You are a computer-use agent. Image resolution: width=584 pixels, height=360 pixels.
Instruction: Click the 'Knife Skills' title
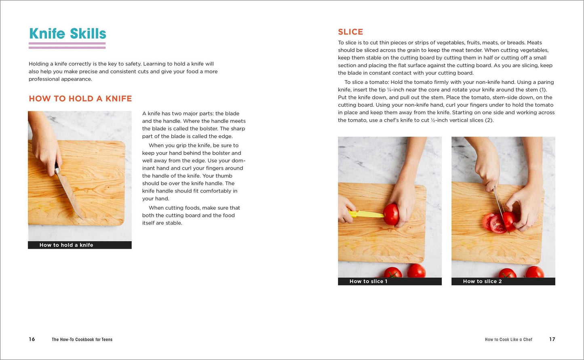(67, 34)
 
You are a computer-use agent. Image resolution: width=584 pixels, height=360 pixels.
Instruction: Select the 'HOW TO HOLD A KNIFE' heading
(80, 99)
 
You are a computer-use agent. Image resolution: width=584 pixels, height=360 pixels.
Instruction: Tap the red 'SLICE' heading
(350, 32)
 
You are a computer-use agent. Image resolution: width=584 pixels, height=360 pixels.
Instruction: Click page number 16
(32, 339)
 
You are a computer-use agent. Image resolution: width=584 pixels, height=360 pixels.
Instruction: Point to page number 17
(552, 339)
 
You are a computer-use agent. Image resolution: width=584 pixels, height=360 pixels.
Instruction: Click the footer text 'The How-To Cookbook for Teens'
(82, 339)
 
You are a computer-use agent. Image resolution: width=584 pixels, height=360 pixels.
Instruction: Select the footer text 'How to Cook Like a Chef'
(508, 339)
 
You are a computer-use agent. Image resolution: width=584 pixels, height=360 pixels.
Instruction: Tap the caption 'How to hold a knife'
(66, 245)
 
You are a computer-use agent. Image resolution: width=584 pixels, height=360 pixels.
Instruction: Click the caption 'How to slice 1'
(369, 281)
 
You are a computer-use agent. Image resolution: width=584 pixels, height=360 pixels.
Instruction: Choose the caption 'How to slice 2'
(482, 281)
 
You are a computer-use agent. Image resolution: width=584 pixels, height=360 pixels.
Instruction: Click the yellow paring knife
(366, 214)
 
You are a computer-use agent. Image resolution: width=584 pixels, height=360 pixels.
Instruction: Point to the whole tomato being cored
(391, 214)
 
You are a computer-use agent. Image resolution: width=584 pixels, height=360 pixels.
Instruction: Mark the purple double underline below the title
(67, 46)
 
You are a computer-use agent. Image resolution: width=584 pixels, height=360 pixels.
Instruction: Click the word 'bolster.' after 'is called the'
(222, 128)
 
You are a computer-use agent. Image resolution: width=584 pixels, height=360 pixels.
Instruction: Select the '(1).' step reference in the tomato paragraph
(543, 90)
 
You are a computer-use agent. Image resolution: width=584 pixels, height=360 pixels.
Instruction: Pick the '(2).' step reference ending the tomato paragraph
(489, 120)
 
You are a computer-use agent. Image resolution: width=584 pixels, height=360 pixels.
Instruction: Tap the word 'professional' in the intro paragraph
(44, 79)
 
